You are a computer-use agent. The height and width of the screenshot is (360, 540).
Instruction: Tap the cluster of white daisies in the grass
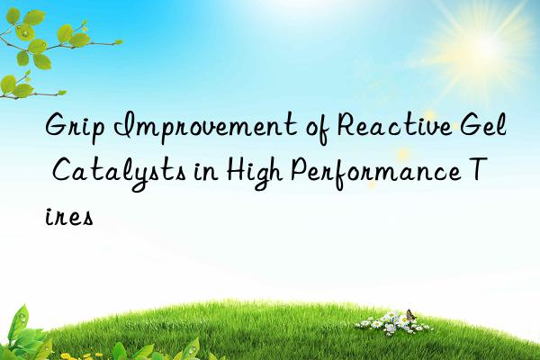pyautogui.click(x=382, y=322)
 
